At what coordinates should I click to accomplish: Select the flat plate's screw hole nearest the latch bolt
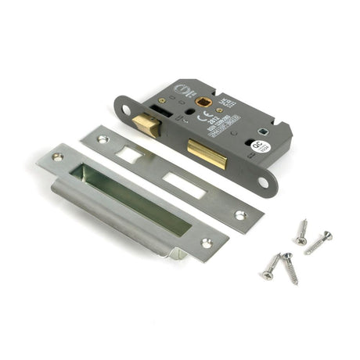(102, 140)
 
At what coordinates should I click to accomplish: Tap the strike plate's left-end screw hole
(57, 157)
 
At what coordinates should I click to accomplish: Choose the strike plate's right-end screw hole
(207, 243)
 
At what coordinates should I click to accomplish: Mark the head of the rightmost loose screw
(328, 234)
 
